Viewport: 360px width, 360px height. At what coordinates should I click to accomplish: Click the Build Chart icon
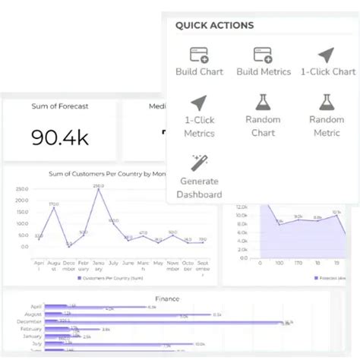(x=200, y=55)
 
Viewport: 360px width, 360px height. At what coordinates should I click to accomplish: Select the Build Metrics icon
(x=264, y=55)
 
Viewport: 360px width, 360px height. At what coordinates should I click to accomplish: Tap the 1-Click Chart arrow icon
(x=327, y=55)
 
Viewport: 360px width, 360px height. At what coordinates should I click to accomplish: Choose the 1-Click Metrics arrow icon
(x=200, y=103)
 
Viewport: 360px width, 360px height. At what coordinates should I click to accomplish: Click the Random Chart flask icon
(x=264, y=103)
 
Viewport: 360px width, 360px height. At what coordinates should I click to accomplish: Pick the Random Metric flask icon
(x=327, y=103)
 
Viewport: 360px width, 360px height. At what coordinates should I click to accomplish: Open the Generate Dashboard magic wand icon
(x=200, y=162)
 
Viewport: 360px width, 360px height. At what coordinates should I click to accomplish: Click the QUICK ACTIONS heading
(x=214, y=25)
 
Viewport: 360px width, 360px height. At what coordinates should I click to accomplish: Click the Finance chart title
(x=167, y=298)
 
